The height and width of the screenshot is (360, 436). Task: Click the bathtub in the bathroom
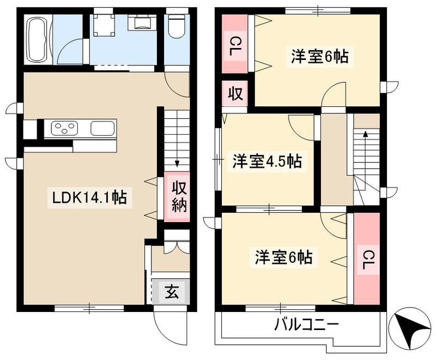pos(39,39)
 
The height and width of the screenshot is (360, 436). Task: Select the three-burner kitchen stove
pos(64,129)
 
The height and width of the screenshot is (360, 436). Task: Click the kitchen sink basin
pos(102,129)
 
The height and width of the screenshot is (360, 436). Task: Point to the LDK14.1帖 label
pos(89,198)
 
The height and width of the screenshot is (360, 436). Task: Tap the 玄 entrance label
pos(172,292)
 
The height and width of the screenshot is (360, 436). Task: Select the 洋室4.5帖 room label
pos(267,161)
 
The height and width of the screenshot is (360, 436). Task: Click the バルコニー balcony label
pos(307,325)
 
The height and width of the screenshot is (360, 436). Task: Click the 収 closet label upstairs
pos(235,94)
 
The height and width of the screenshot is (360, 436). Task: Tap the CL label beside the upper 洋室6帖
pos(235,46)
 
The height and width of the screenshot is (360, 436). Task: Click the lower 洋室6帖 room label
pos(283,257)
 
